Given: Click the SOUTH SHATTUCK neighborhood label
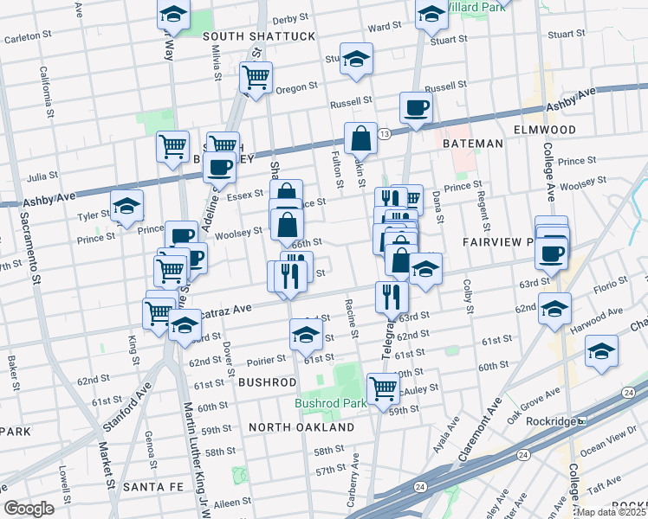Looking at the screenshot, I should tap(246, 36).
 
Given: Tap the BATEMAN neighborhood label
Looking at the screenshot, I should tap(472, 143).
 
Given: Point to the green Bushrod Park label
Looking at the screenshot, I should tap(325, 403).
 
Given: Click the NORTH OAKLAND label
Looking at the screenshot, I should tap(301, 427).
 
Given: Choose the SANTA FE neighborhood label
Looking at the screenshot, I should tap(153, 487).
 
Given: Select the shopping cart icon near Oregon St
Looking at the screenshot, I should tap(256, 77).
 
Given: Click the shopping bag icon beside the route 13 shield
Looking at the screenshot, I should tap(360, 138).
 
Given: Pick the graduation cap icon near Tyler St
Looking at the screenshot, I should tap(127, 206).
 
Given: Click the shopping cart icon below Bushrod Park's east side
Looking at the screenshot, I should tap(382, 388).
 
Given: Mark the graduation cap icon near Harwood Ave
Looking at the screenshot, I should tap(554, 308).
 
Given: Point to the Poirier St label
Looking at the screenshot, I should tap(266, 359).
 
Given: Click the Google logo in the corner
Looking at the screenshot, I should tap(29, 509).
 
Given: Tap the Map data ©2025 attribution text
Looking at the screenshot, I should tap(610, 512).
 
